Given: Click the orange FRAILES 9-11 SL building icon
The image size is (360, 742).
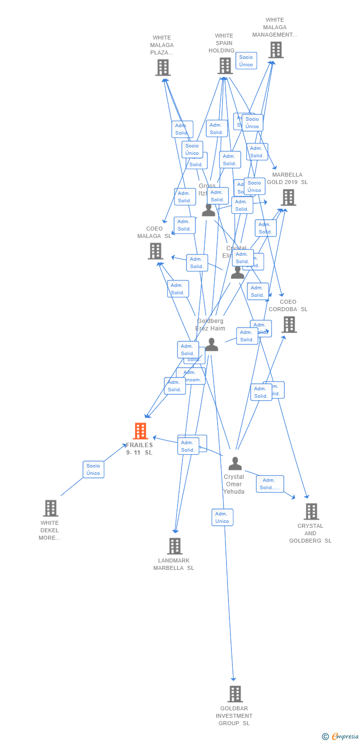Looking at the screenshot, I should coord(141,431).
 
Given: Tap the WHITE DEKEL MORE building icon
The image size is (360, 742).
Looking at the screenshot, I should coord(50,508).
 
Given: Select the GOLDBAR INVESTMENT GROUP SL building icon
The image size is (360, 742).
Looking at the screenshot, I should coord(235,694).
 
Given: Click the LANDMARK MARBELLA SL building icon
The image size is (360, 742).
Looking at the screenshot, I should coord(175,546).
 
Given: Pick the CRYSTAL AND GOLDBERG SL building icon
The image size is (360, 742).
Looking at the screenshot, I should coord(311,511).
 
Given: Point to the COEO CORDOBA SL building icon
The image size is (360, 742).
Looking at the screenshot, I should coord(289,325).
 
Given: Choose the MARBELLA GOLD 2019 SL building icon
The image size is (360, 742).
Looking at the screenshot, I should coord(288,197).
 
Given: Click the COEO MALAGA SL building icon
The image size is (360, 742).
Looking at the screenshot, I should coord(156,251).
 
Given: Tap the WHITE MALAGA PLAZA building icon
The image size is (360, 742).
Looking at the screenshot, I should coord(163,67).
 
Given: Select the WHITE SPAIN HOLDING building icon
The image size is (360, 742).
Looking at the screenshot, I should coord(225,66).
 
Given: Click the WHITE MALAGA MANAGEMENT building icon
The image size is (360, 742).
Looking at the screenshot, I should coord(275,49).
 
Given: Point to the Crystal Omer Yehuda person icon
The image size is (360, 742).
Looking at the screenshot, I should coord(235,464).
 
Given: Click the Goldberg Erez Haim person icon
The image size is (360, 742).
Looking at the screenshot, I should coord(212,345).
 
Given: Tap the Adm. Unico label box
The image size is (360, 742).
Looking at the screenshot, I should coord(223,517).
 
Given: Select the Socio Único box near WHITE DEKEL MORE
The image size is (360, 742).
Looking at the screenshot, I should coord(93,469).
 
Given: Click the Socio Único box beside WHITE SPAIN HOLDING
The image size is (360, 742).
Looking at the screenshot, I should coord(246,61).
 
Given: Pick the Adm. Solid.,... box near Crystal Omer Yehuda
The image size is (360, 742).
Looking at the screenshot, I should coord(270,484).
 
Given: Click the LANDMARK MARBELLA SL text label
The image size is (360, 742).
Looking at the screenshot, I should coord(174,564).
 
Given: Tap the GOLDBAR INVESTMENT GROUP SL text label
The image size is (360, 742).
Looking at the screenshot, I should coord(234,716).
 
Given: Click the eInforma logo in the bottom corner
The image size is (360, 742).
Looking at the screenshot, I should coord(341,737).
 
